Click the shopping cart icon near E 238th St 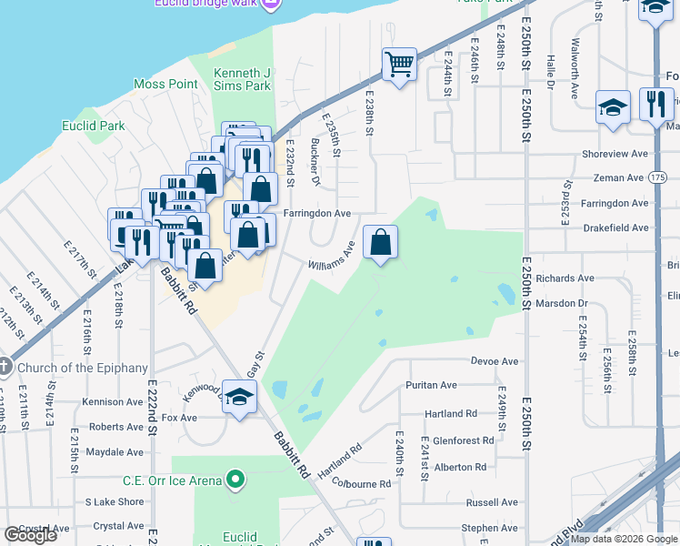(x=399, y=65)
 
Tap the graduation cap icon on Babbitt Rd (x=239, y=398)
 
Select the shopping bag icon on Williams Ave (x=381, y=243)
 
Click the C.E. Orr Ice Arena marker (x=236, y=478)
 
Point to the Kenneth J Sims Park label (x=242, y=79)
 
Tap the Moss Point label (x=165, y=84)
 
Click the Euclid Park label (x=92, y=125)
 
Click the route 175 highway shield (x=658, y=177)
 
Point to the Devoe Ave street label (x=495, y=361)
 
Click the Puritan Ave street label (x=431, y=386)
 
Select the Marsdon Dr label (x=562, y=303)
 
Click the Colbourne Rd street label (x=361, y=483)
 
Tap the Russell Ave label (x=491, y=502)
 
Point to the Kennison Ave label (x=111, y=402)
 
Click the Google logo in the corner (x=30, y=535)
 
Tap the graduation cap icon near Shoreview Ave (x=613, y=107)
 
